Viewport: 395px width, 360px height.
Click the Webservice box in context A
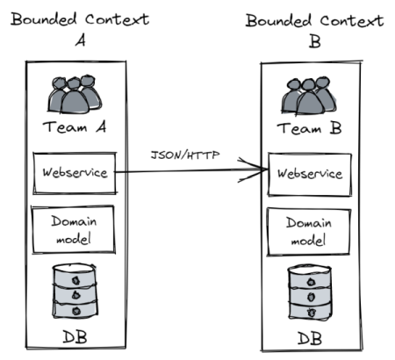[x=75, y=172]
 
